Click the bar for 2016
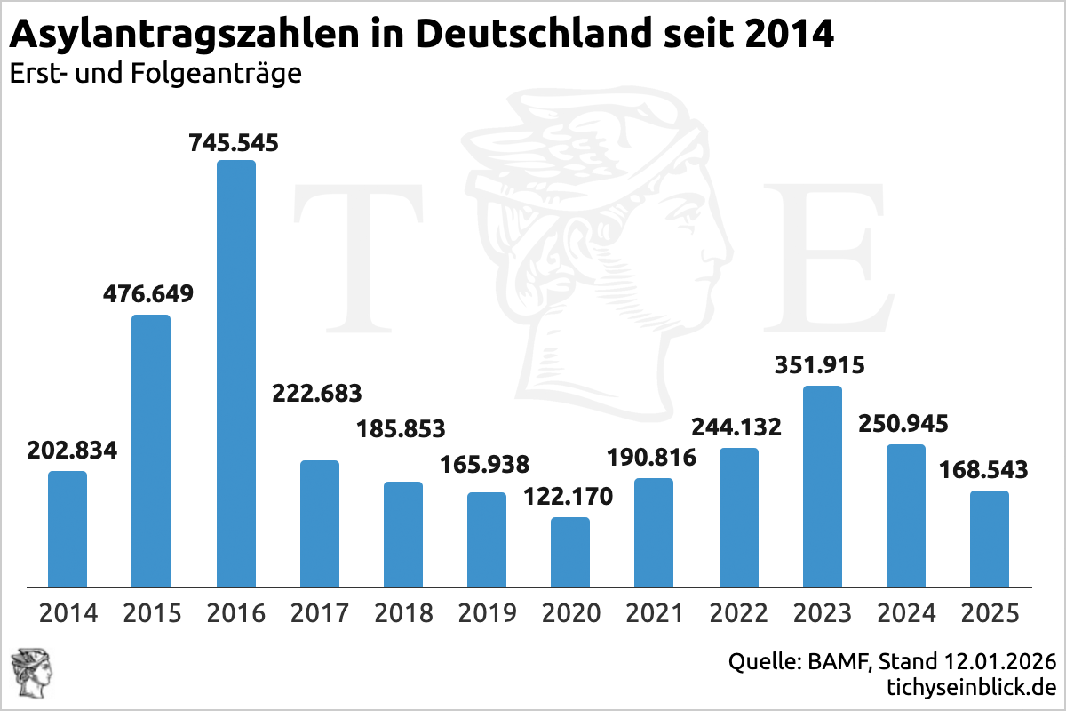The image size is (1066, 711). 235,373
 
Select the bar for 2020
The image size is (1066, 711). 570,552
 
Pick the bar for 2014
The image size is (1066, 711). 68,529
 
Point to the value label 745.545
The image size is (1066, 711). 235,142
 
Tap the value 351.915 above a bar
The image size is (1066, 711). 822,365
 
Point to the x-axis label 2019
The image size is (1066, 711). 486,613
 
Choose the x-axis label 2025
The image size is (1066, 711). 989,613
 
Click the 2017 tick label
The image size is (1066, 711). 319,613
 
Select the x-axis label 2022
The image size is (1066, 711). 737,613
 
